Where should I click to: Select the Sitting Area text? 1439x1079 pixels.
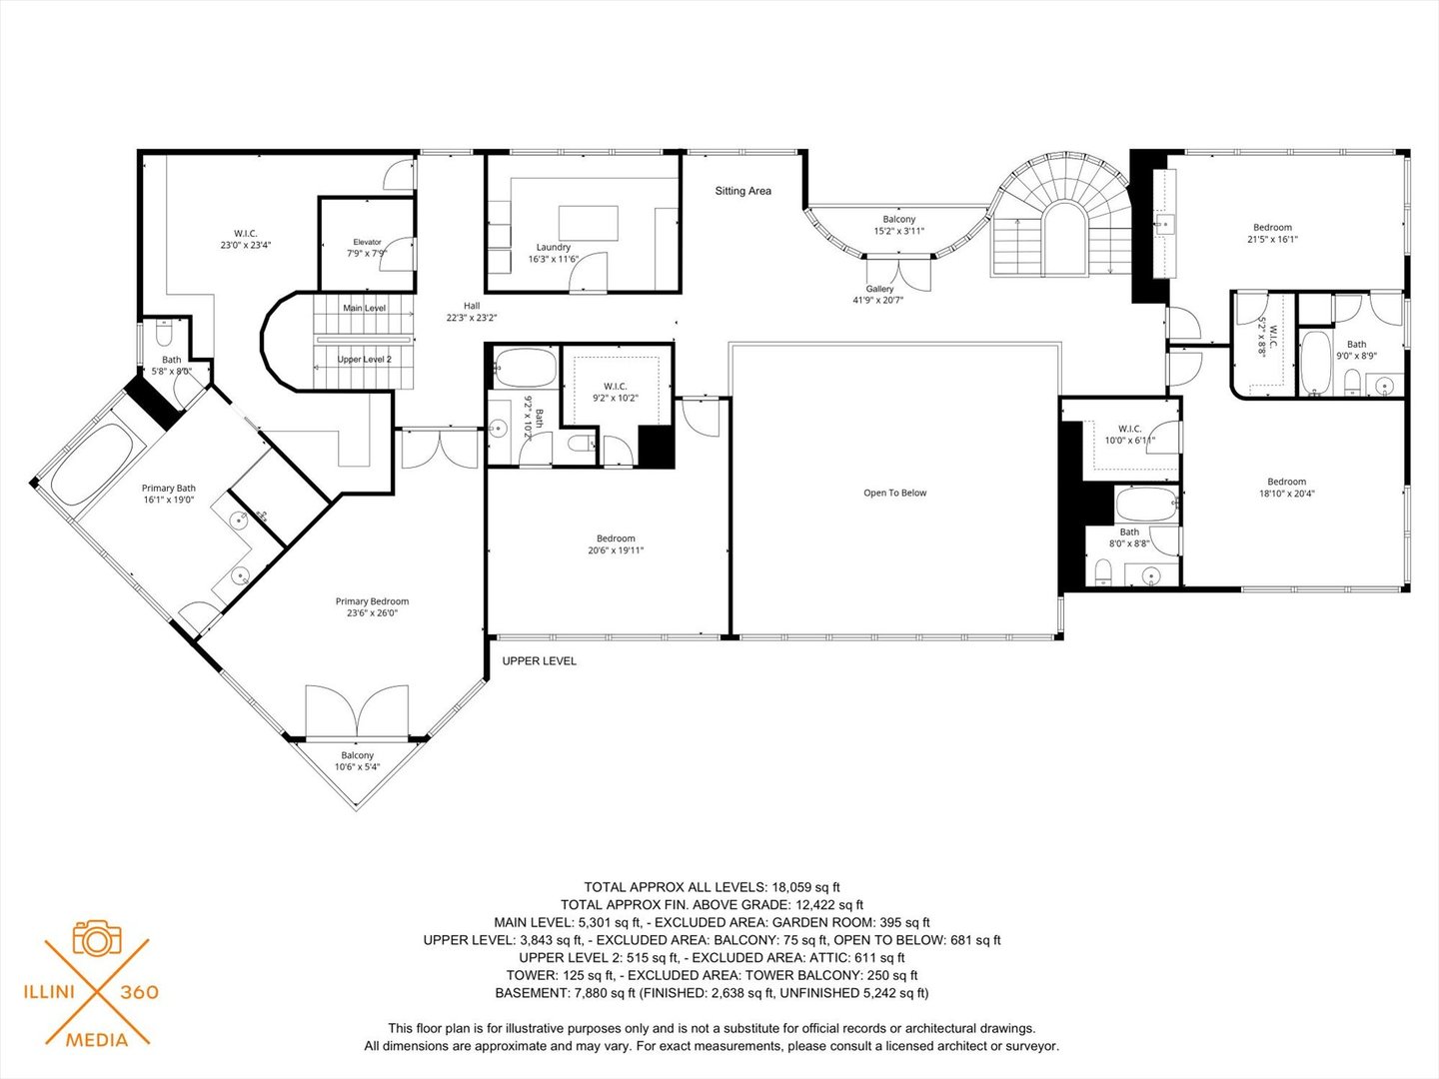pyautogui.click(x=742, y=191)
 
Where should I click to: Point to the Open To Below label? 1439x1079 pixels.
pyautogui.click(x=894, y=493)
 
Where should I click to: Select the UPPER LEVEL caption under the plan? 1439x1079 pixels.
pyautogui.click(x=539, y=661)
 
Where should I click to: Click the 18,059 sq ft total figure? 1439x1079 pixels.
pyautogui.click(x=805, y=887)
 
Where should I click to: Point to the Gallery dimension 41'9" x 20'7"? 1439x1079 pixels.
pyautogui.click(x=878, y=300)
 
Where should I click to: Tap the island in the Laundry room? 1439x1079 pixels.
pyautogui.click(x=588, y=223)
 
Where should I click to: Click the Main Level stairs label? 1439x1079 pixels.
pyautogui.click(x=365, y=308)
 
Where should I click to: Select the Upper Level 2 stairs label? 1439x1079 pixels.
pyautogui.click(x=364, y=359)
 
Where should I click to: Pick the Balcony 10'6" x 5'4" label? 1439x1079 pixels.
pyautogui.click(x=357, y=761)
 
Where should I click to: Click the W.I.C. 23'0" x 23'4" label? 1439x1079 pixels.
pyautogui.click(x=245, y=239)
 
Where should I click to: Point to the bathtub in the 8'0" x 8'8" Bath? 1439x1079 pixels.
pyautogui.click(x=1146, y=504)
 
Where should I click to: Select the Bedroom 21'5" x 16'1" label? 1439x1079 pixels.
pyautogui.click(x=1272, y=233)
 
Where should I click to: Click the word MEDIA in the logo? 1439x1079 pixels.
pyautogui.click(x=97, y=1040)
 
